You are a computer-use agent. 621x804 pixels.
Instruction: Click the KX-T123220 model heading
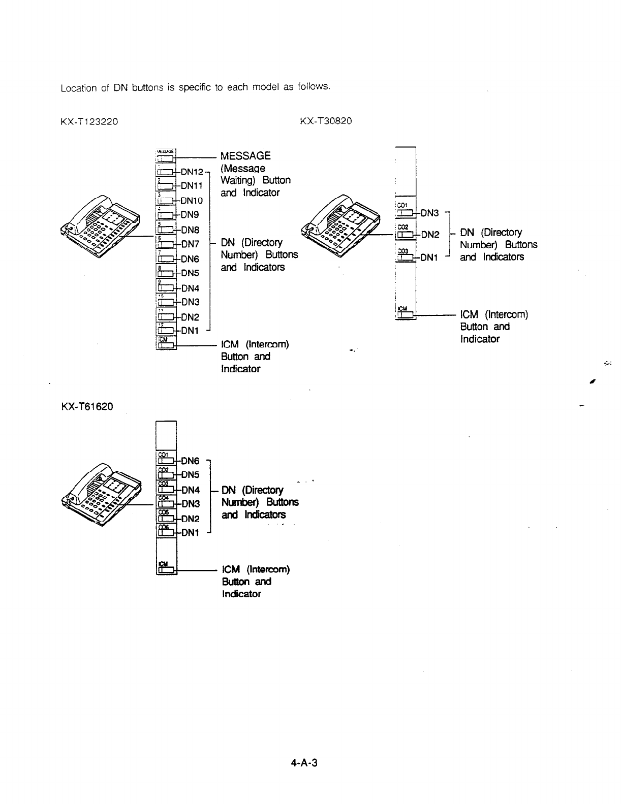tap(89, 121)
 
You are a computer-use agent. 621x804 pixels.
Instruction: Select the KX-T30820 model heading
tap(326, 121)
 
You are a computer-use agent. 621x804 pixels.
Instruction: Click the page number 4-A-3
tap(305, 763)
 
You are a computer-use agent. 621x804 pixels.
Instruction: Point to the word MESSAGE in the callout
tap(245, 155)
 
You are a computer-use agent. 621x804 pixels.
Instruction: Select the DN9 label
tap(190, 214)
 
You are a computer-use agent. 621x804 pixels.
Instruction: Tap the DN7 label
tap(190, 244)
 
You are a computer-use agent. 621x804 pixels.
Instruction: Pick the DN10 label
tap(192, 200)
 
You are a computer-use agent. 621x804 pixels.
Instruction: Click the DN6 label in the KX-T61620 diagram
tap(190, 461)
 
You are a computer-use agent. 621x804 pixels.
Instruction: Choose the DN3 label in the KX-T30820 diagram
tap(430, 213)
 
